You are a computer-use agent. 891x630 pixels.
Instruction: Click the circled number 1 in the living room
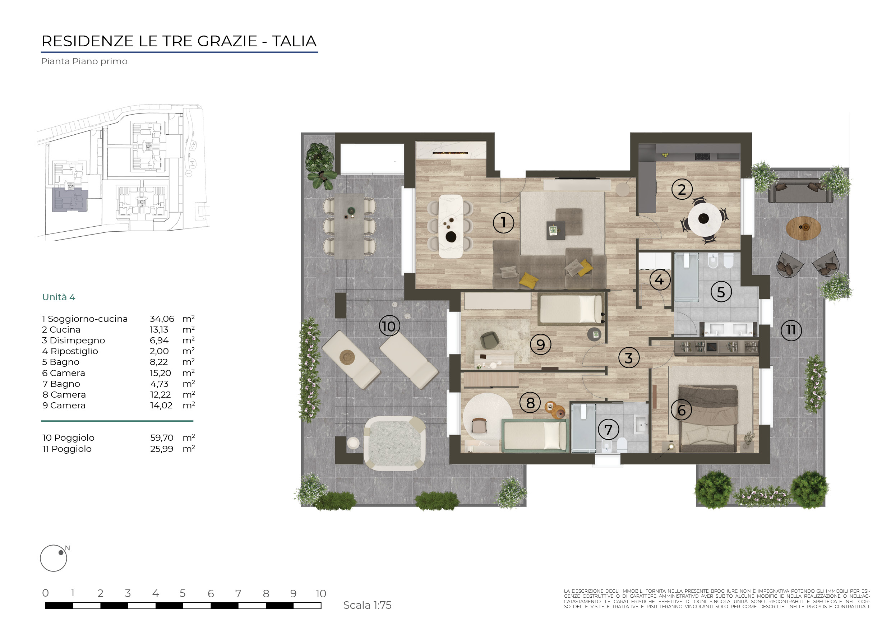click(x=503, y=223)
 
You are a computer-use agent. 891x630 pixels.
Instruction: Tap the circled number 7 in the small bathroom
click(x=608, y=430)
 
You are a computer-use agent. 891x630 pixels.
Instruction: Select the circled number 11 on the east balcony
click(x=791, y=330)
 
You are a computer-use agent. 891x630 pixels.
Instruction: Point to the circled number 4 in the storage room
click(x=659, y=280)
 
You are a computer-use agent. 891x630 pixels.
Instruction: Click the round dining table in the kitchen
click(x=703, y=218)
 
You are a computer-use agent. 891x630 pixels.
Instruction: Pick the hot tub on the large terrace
click(x=394, y=443)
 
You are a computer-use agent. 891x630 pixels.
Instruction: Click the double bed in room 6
click(x=708, y=418)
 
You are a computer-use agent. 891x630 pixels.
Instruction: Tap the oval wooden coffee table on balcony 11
click(x=803, y=228)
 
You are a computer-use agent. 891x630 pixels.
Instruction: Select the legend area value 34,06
click(x=162, y=319)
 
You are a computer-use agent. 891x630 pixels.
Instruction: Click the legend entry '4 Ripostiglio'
click(x=70, y=351)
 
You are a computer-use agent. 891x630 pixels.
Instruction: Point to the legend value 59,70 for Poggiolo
click(x=162, y=437)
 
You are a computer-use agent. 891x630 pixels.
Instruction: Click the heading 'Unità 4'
click(x=59, y=297)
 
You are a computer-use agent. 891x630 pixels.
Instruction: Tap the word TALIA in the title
click(x=294, y=41)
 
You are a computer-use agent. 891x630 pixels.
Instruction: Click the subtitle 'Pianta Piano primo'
click(x=84, y=61)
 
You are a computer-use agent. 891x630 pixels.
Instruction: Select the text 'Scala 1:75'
click(x=367, y=605)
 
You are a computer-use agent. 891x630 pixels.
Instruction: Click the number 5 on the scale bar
click(x=183, y=593)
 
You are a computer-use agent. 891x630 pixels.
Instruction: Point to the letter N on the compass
click(x=68, y=548)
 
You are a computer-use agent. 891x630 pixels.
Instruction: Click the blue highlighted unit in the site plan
click(x=70, y=200)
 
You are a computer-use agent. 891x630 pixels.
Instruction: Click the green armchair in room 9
click(x=490, y=340)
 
